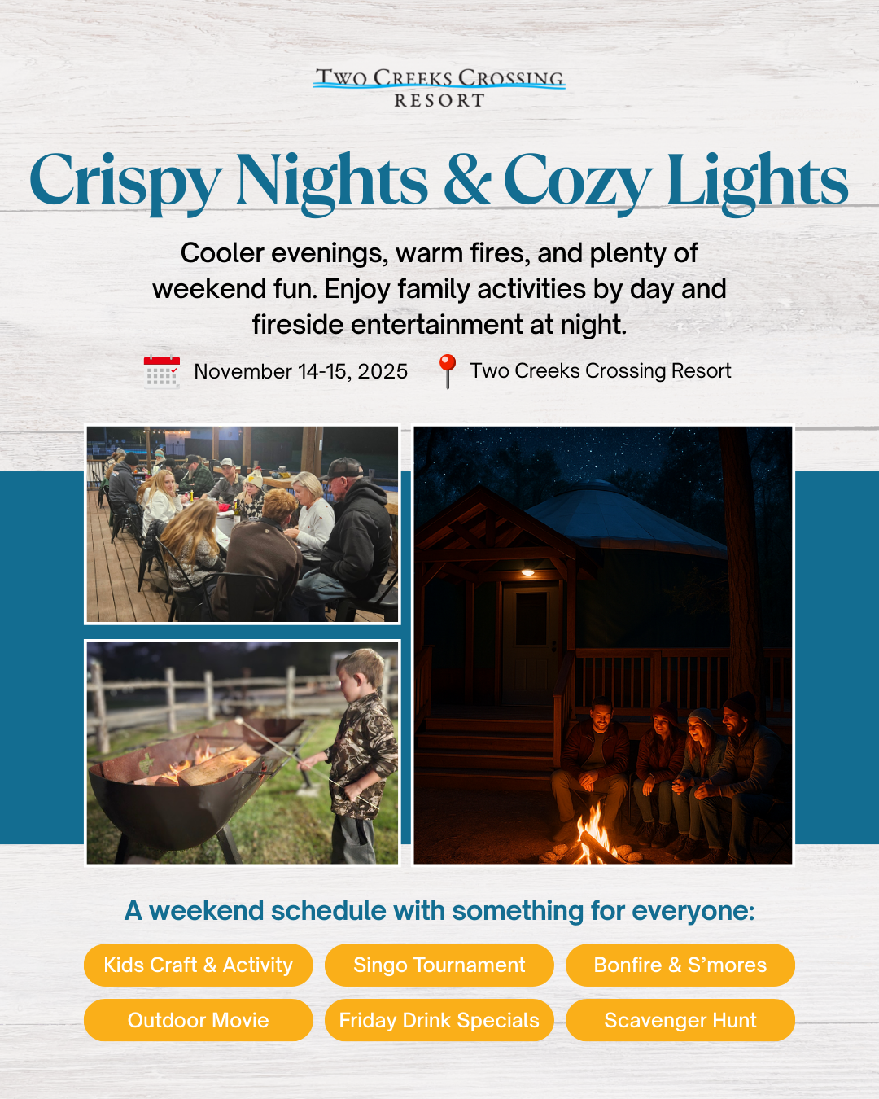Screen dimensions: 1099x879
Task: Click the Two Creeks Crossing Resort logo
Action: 439,88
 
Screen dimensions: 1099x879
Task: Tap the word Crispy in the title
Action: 125,181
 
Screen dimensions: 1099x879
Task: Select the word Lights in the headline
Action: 757,181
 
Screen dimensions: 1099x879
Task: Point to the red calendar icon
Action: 161,371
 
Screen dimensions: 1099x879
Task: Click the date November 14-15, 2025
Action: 300,372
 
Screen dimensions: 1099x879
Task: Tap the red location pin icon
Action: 447,370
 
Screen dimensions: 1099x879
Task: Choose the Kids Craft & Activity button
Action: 198,965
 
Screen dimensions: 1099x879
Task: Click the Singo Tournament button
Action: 439,965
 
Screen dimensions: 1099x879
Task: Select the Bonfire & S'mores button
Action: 680,965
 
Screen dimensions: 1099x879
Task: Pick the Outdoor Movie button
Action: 198,1020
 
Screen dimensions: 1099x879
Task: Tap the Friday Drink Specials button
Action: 439,1020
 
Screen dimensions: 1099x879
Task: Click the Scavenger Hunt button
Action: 680,1020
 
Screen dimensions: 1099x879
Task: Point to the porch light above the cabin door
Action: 527,573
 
